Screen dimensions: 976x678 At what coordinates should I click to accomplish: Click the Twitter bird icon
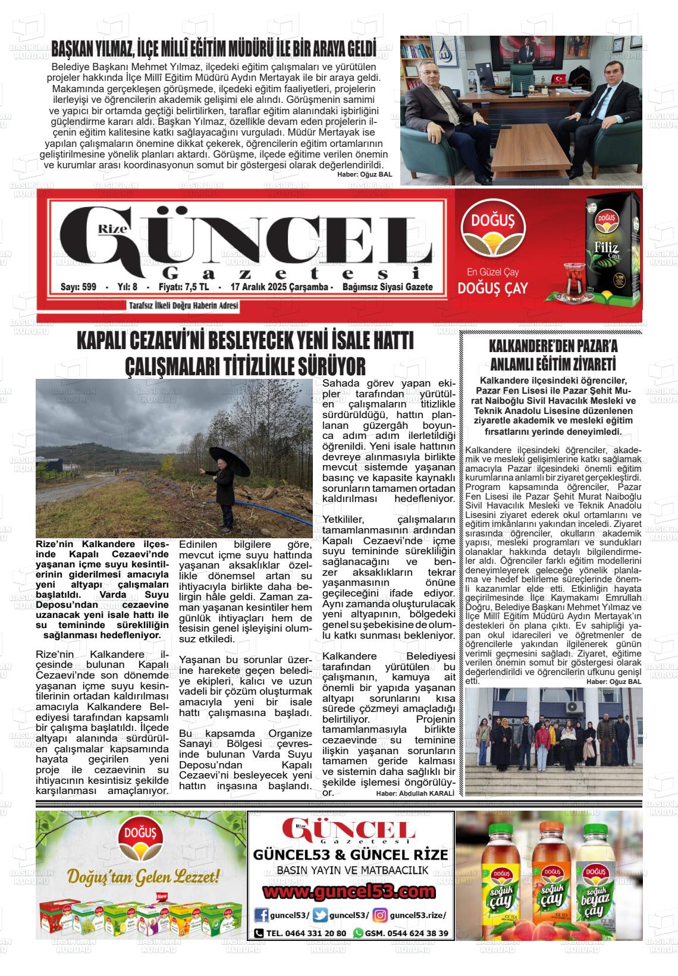(320, 915)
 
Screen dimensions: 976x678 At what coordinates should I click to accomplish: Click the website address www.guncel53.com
(350, 892)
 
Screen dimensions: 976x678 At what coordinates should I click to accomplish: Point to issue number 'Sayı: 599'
(78, 287)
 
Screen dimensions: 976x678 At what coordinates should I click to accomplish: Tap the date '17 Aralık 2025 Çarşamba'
(278, 287)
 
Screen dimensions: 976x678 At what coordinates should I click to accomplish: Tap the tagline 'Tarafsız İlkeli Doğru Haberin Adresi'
(183, 306)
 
